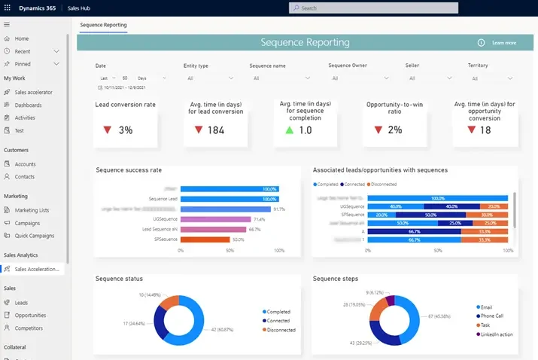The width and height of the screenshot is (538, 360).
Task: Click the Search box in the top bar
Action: tap(372, 8)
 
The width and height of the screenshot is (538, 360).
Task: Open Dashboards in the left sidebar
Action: tap(28, 105)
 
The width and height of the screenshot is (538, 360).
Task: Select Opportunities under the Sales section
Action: tap(30, 316)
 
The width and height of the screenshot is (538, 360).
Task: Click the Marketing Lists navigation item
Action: tap(32, 210)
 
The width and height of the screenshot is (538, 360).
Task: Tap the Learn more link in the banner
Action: tap(503, 43)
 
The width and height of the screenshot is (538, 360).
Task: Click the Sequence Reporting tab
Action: tap(103, 25)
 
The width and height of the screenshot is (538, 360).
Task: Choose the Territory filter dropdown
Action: tap(490, 78)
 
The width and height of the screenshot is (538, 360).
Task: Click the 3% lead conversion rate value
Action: tap(125, 130)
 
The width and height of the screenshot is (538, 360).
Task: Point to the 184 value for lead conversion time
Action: tap(216, 130)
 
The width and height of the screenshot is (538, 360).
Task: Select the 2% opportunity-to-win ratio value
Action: tap(395, 130)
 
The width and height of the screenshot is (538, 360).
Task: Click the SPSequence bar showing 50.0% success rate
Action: tap(205, 239)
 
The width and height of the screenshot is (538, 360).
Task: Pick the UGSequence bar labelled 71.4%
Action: tap(215, 219)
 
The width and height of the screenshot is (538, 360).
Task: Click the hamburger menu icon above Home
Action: tap(7, 25)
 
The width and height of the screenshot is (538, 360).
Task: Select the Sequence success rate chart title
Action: tap(129, 170)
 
